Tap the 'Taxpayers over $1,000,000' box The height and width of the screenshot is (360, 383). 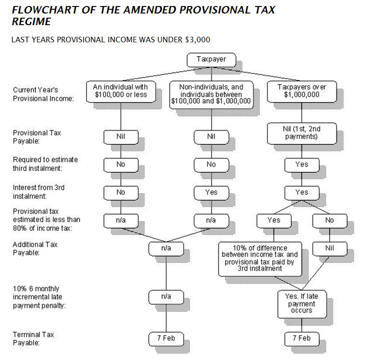click(302, 90)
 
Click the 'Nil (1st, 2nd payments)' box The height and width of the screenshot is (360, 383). click(302, 133)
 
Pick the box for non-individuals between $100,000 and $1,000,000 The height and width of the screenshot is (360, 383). click(211, 94)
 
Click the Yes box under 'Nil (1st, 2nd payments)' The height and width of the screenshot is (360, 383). click(302, 164)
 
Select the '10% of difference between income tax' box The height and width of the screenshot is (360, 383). click(260, 258)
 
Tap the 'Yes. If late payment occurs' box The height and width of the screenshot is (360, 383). click(302, 304)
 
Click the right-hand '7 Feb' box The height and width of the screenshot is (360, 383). click(302, 338)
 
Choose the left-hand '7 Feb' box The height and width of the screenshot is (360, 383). click(166, 338)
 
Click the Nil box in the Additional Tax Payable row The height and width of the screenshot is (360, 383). click(329, 248)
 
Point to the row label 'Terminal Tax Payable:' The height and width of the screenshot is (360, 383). click(33, 338)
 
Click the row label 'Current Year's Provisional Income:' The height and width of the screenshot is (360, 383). click(43, 94)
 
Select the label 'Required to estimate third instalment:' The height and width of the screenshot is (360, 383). click(45, 164)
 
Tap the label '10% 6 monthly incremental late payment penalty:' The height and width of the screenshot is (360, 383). click(37, 297)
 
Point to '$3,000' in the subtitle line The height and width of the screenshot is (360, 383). click(197, 40)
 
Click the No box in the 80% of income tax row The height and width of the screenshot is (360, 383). click(329, 220)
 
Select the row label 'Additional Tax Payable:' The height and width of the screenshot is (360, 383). click(35, 248)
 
